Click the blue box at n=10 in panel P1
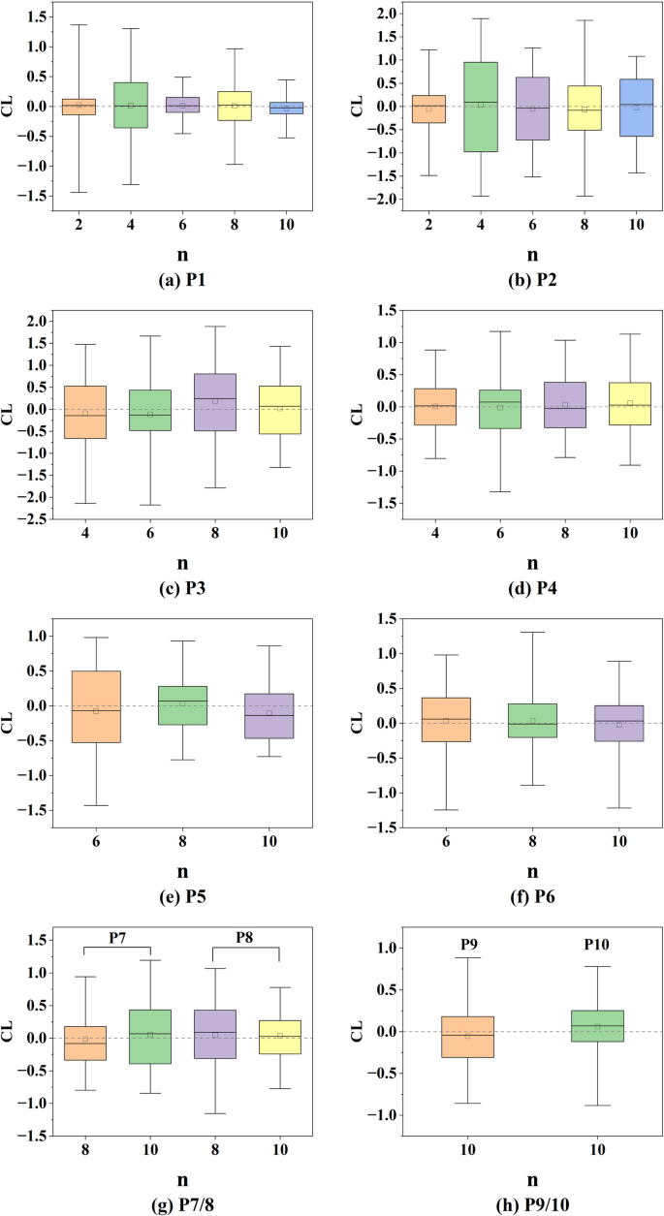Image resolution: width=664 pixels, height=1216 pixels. [286, 108]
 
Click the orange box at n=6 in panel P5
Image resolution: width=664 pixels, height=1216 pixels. [96, 706]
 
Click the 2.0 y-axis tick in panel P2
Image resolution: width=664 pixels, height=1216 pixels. [387, 14]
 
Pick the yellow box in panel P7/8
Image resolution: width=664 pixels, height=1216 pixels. [279, 1037]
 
